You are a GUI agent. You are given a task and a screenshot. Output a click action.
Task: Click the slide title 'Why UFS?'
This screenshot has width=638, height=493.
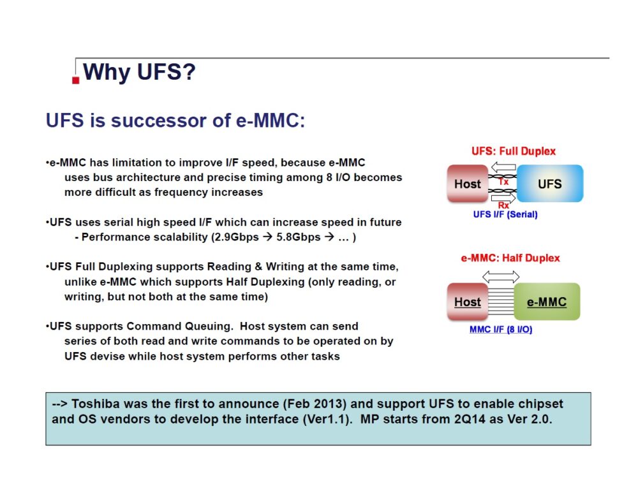139,72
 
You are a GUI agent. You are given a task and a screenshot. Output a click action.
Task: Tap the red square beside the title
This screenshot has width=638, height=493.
76,80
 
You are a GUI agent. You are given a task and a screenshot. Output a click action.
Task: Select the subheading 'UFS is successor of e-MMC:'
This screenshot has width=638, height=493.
175,121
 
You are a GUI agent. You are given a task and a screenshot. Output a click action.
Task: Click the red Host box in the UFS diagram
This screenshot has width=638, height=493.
467,184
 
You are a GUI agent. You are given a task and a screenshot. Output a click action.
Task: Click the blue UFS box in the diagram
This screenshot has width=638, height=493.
549,184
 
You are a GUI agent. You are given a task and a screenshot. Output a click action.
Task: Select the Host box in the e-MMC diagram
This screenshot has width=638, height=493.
467,302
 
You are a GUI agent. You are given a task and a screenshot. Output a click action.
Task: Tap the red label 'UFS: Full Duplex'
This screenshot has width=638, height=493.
513,151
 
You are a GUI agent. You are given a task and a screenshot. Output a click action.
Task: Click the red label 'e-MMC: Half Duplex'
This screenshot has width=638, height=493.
510,258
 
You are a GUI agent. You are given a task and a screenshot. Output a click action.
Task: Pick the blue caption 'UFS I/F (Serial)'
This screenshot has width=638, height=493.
505,215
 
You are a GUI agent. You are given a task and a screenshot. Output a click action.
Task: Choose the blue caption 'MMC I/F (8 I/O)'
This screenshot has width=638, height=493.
501,330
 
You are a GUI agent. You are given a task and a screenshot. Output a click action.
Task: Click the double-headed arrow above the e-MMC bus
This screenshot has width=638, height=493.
501,277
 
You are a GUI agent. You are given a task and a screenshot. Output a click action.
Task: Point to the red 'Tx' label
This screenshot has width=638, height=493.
503,182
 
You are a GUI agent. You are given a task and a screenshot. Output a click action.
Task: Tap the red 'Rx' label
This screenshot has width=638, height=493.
503,205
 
